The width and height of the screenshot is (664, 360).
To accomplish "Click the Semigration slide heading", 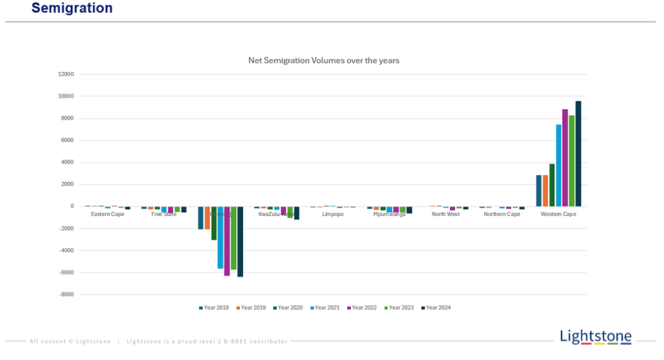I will [x=72, y=8].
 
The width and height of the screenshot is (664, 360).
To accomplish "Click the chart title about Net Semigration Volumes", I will [x=324, y=60].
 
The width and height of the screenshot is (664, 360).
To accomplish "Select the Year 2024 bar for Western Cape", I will [x=578, y=154].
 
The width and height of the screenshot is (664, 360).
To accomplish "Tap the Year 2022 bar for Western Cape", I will [x=565, y=158].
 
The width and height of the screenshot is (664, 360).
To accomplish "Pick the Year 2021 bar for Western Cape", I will [x=558, y=165].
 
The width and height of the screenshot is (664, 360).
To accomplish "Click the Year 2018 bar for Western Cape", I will [x=539, y=191].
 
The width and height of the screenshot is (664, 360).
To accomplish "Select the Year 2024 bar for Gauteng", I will [x=240, y=241].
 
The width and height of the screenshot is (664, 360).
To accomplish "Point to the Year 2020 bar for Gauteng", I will [x=214, y=223].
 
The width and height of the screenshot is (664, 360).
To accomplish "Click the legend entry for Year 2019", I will [x=251, y=307].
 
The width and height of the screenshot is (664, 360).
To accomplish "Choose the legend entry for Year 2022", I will [x=362, y=307].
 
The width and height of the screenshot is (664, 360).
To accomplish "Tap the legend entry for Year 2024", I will [x=436, y=307].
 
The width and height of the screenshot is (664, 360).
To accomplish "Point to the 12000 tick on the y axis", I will [x=66, y=75].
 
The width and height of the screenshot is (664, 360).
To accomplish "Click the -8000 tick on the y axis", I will [x=66, y=294].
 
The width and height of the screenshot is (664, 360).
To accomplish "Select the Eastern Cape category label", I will [x=108, y=214].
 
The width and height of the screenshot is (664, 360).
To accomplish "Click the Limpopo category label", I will [x=333, y=214].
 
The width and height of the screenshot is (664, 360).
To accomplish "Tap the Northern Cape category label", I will [x=502, y=214].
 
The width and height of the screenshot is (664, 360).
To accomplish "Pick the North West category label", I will [x=445, y=214].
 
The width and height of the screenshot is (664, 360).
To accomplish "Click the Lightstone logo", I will [x=595, y=336].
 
